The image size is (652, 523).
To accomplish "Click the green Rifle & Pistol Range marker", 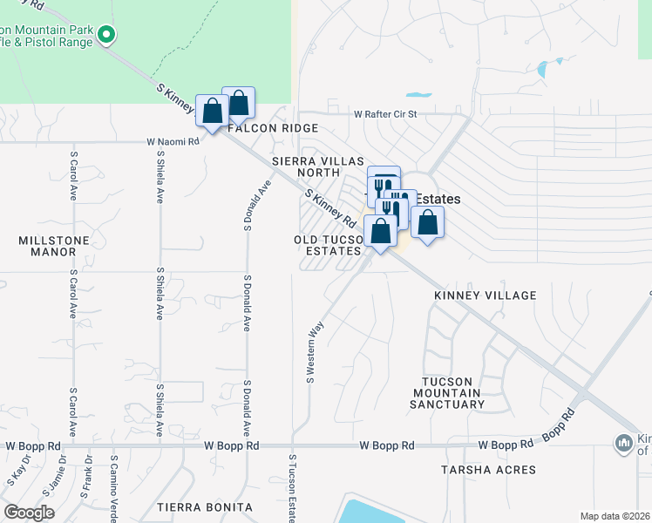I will (107, 35).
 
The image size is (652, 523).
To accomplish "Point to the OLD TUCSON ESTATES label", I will (328, 245).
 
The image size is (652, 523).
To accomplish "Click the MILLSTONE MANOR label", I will (48, 245).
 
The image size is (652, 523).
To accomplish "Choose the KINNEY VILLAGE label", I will (486, 296).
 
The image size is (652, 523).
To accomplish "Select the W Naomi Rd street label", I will (173, 141).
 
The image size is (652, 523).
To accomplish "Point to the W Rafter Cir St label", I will (386, 114).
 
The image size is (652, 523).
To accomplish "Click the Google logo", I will (29, 513).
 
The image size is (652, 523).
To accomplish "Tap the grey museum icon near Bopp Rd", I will (624, 444).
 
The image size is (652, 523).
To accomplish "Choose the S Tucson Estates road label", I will (292, 488).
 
